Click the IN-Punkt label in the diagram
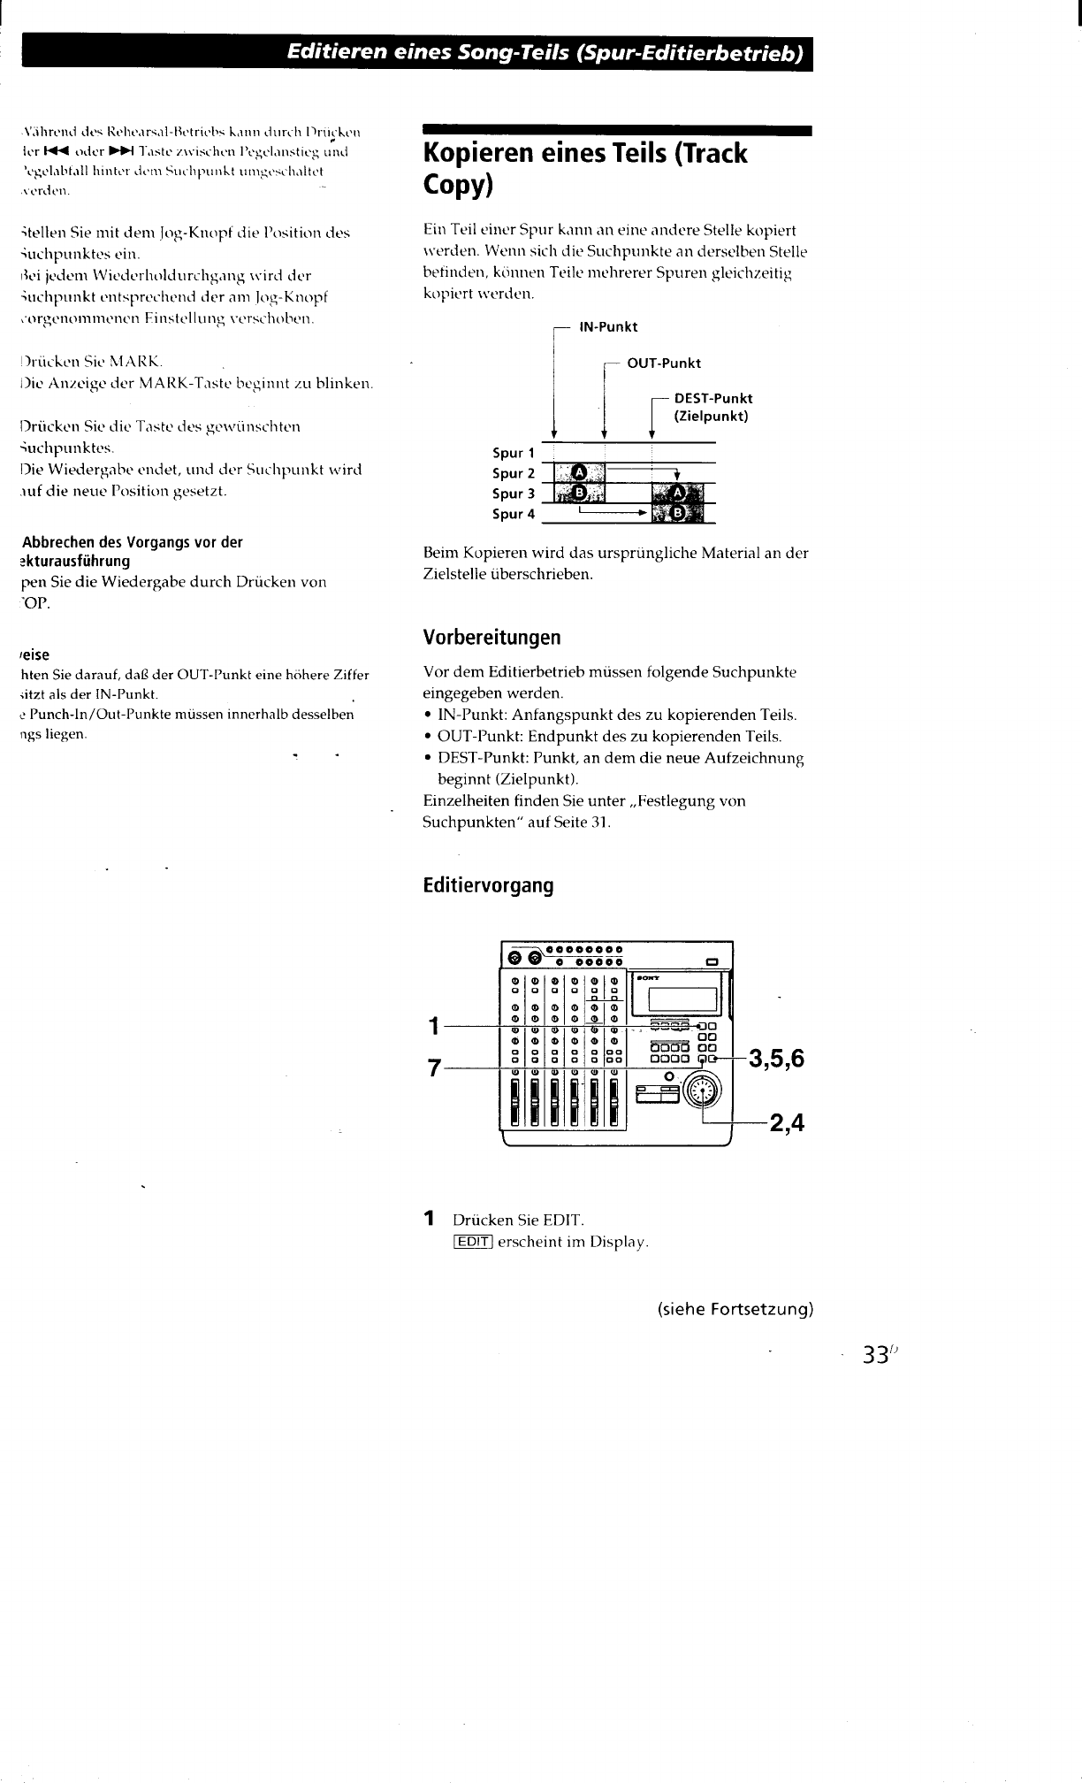pos(607,327)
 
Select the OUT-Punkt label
pos(663,363)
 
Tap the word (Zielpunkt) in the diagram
pos(712,416)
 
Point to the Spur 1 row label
pos(514,454)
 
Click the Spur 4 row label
pos(514,515)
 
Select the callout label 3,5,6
pos(776,1058)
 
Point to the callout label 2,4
pos(787,1124)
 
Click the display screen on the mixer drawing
pos(681,999)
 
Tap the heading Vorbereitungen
pos(491,638)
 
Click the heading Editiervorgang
pos(488,885)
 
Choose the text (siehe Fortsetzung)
pos(735,1309)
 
